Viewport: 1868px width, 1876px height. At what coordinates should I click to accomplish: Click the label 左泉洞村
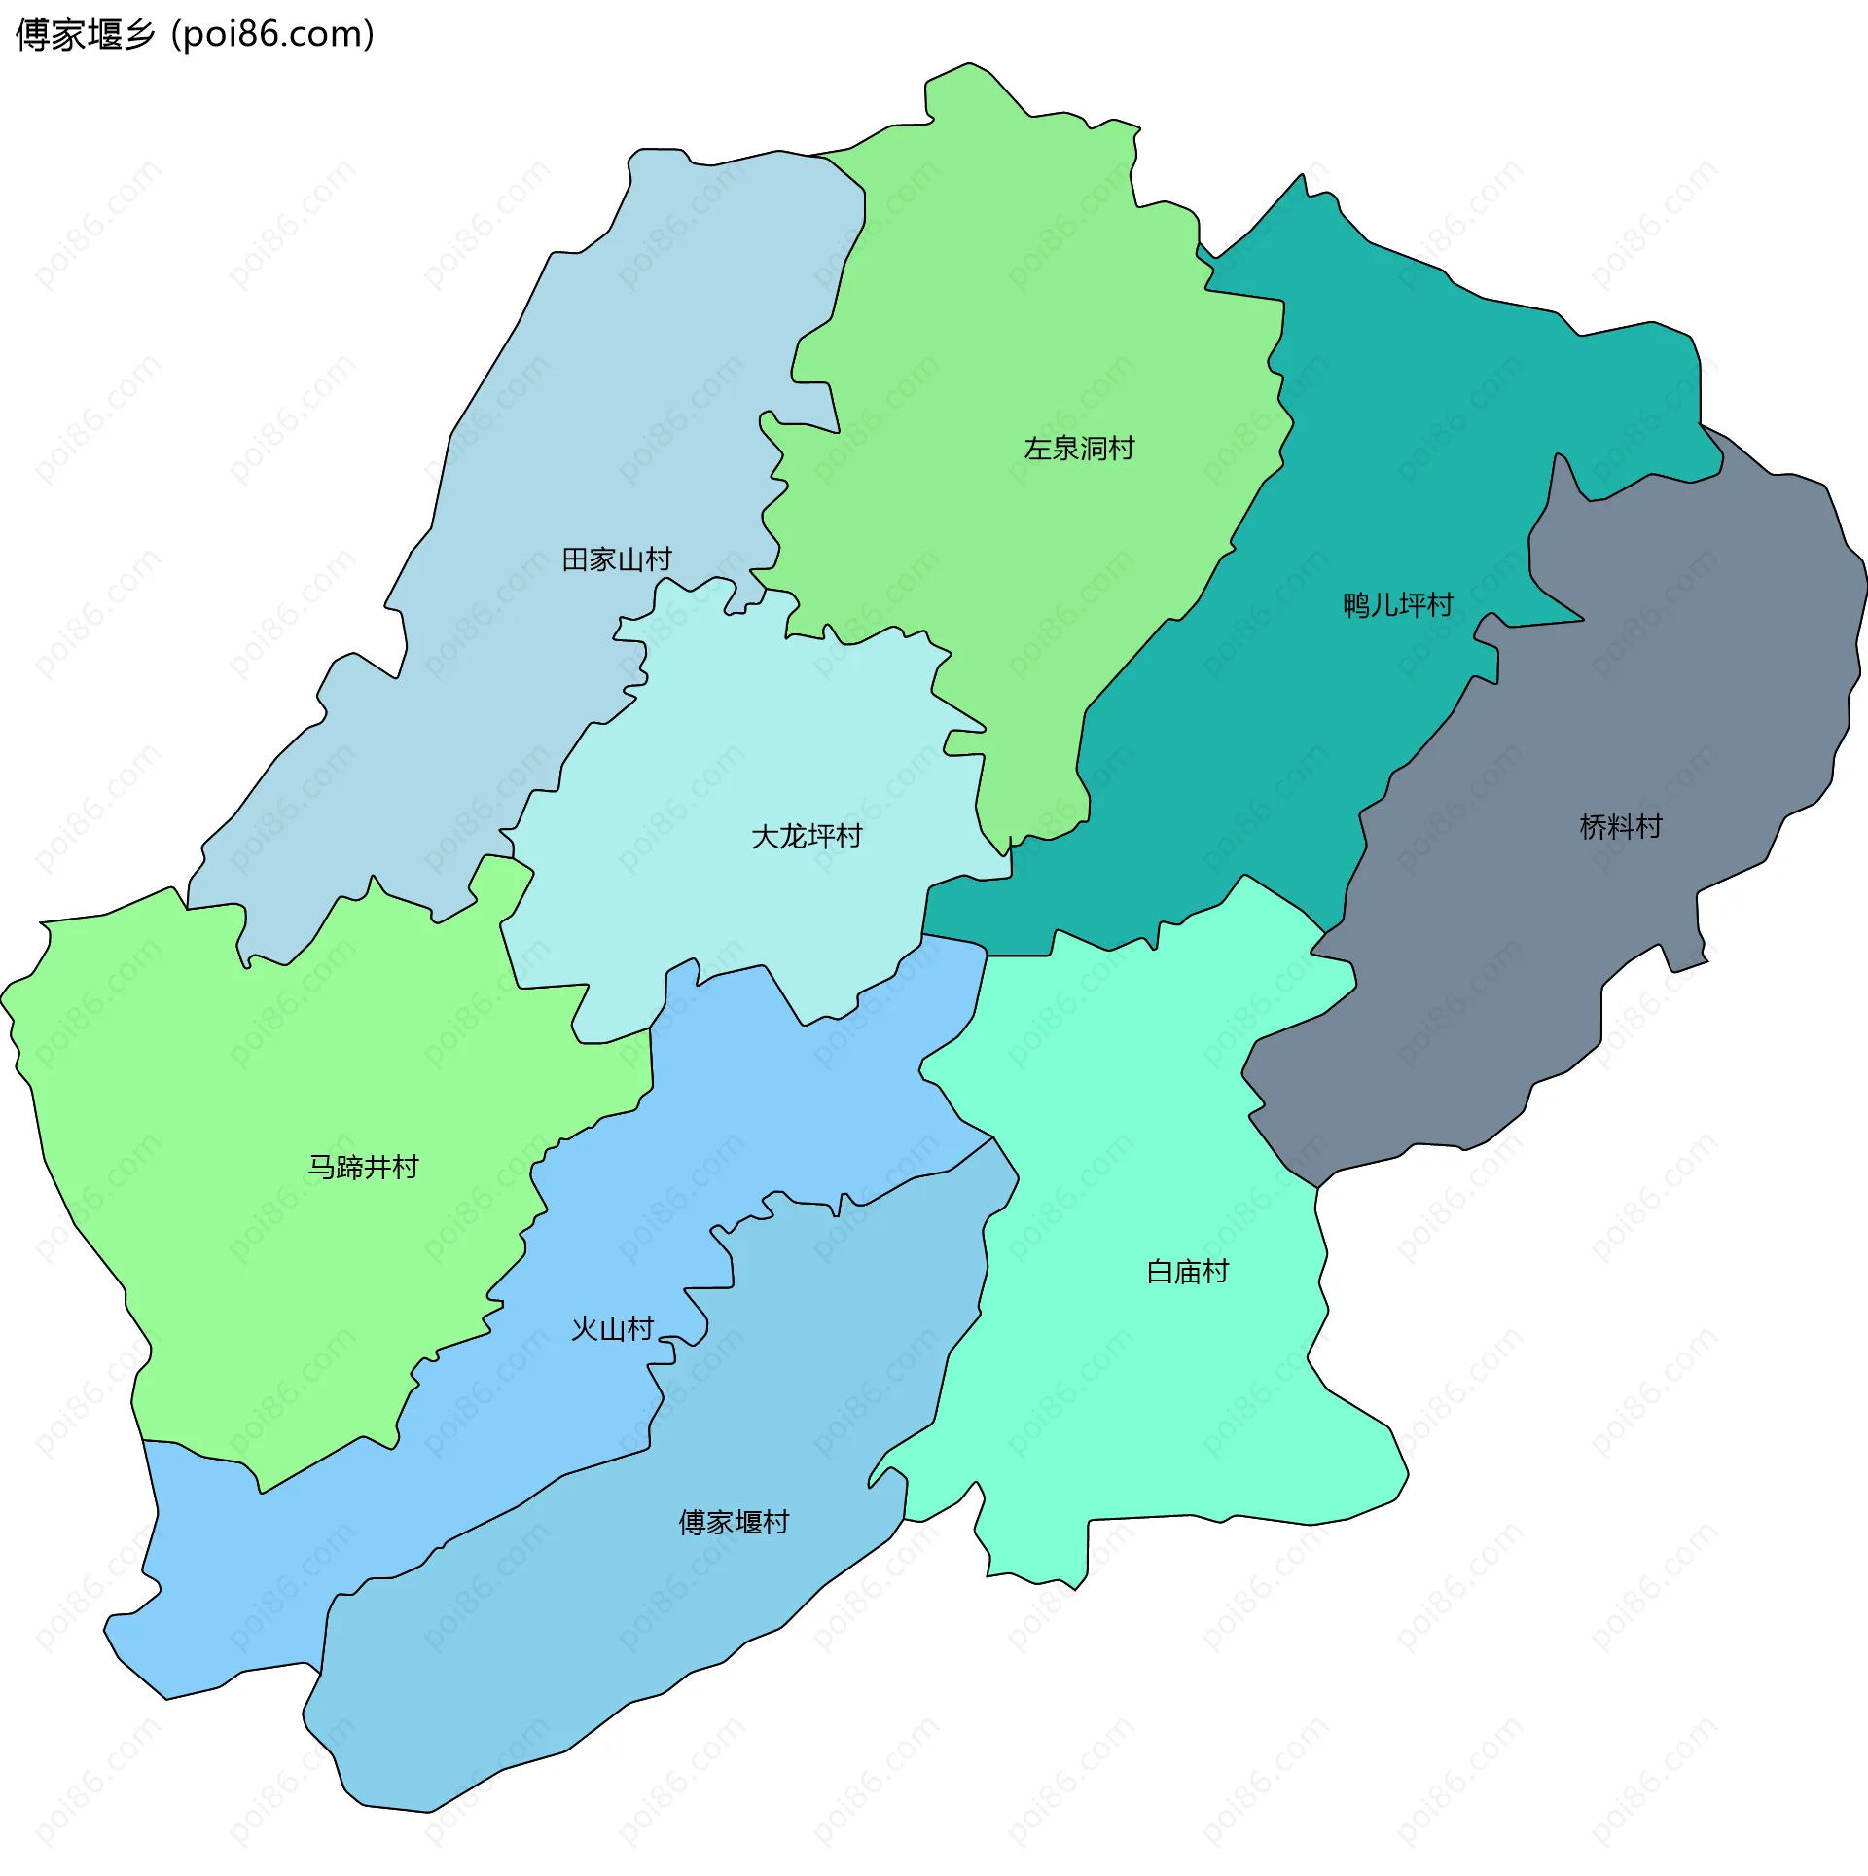coord(1078,449)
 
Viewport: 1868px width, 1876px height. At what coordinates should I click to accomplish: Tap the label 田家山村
coord(617,559)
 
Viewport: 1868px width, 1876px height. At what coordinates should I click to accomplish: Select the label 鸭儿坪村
coord(1397,605)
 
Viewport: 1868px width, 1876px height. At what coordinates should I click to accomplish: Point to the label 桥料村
coord(1621,827)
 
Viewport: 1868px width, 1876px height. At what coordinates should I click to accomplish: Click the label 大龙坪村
coord(807,837)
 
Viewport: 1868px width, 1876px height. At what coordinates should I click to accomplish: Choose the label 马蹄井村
coord(363,1167)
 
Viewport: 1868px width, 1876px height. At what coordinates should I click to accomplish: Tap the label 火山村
coord(612,1329)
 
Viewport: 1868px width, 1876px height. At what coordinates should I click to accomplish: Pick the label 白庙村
coord(1187,1272)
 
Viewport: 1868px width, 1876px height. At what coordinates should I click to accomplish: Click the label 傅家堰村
coord(734,1523)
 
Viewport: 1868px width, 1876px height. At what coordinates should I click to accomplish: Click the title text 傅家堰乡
coord(86,35)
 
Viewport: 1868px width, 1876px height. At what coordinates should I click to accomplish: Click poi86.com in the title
coord(272,35)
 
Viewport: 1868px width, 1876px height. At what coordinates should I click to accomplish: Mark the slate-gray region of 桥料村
coord(1654,681)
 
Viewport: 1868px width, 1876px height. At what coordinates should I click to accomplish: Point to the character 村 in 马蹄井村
coord(406,1167)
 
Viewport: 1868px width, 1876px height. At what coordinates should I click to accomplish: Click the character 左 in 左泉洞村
coord(1037,449)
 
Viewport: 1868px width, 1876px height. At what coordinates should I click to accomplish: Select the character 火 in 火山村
coord(584,1329)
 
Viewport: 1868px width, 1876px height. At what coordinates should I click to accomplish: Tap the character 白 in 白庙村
coord(1160,1272)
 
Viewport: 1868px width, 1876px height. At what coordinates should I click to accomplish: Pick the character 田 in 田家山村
coord(575,559)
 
